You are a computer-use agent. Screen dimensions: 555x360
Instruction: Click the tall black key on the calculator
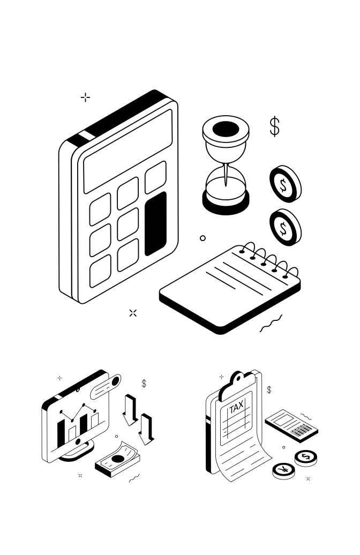point(156,223)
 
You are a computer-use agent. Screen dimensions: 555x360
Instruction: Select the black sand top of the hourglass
point(226,129)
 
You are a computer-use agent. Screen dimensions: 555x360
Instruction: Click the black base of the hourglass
point(226,204)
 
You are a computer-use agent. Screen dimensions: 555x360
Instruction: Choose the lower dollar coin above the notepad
point(284,228)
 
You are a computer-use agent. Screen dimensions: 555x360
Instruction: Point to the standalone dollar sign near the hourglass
point(274,126)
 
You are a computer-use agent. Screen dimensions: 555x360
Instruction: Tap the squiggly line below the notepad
point(271,324)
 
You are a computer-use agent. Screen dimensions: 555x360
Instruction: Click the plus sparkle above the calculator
point(85,97)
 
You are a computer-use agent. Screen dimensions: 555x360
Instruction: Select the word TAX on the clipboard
point(236,407)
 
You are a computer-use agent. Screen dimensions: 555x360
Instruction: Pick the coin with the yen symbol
point(283,470)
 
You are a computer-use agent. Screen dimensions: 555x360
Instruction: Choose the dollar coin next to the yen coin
point(306,457)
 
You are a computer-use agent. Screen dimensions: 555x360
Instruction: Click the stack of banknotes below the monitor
point(118,460)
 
